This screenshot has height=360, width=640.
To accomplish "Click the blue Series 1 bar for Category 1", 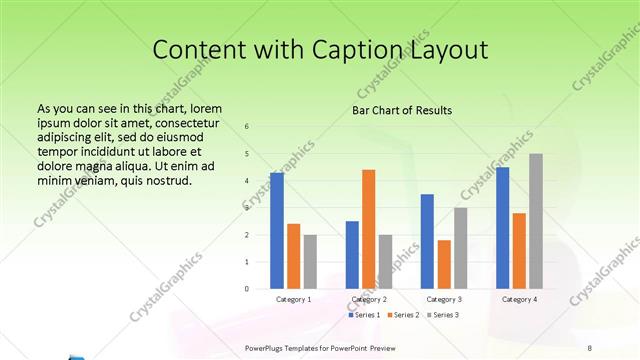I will pos(277,231).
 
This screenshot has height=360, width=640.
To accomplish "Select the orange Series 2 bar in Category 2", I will pos(368,229).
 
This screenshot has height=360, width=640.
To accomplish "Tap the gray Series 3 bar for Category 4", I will pos(536,221).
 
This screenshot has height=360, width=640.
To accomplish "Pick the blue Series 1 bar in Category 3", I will pos(427,241).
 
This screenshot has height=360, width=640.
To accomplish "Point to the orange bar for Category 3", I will pos(444,264).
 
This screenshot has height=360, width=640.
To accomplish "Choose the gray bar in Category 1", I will pos(310,262).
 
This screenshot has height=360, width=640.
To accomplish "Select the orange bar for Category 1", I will pos(293,256).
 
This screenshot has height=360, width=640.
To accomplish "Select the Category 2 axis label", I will pos(369,299).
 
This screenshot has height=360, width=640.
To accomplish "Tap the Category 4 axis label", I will pos(519,299).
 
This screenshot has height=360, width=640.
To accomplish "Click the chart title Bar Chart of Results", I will pos(402,110).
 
